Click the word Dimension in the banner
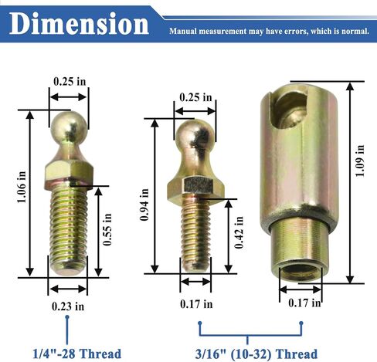point(79,24)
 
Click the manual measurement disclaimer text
point(269,32)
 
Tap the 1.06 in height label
point(22,187)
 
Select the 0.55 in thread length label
point(107,229)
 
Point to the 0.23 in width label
point(68,306)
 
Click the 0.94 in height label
point(144,205)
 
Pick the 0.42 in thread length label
point(239,232)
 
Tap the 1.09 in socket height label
point(360,161)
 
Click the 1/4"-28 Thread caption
point(77,354)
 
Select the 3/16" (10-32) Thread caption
point(256,354)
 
